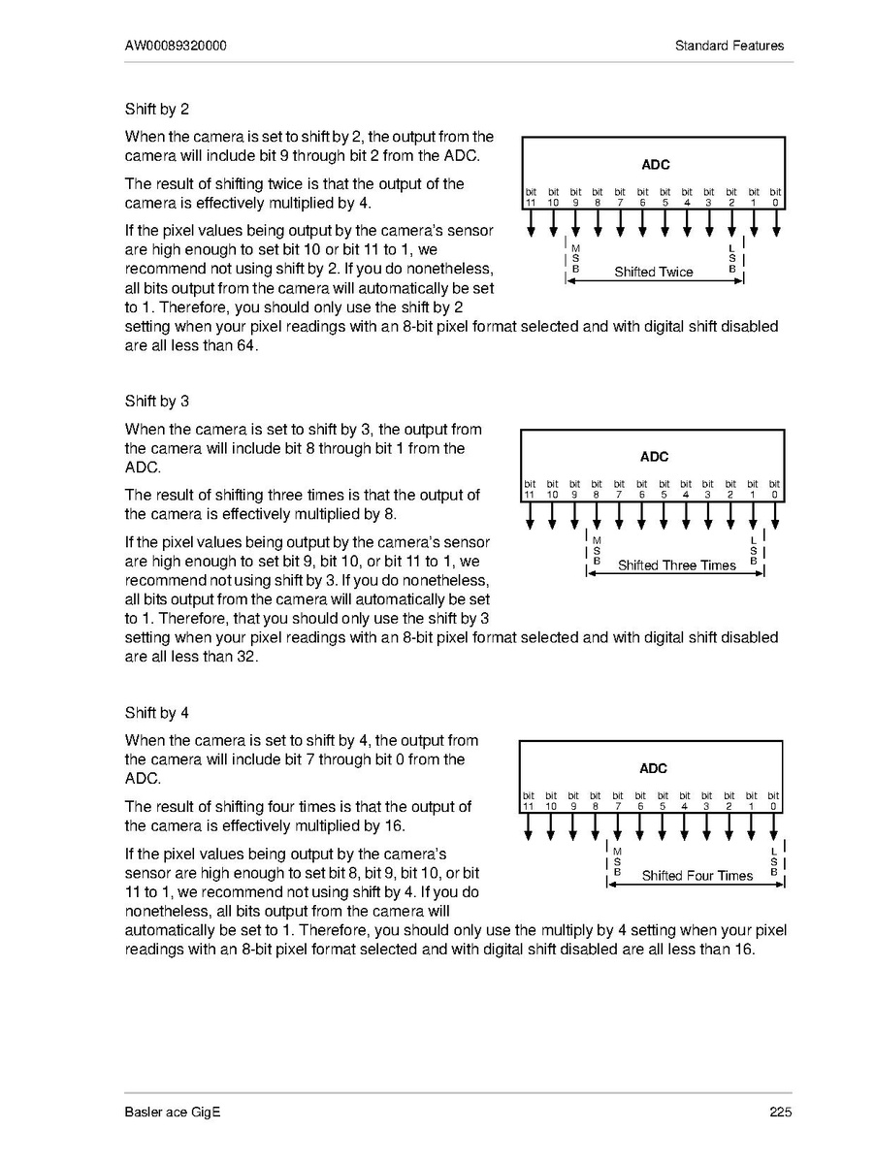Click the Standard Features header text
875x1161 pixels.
[729, 46]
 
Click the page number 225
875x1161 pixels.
[781, 1113]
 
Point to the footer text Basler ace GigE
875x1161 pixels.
[173, 1113]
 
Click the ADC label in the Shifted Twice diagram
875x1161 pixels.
[656, 165]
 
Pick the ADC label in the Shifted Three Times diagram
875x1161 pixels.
[654, 456]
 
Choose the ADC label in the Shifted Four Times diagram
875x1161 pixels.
[653, 768]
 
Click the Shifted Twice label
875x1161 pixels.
[654, 273]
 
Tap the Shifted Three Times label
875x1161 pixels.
[677, 565]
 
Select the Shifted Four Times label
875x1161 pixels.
[697, 876]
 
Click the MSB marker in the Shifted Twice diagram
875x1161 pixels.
[575, 258]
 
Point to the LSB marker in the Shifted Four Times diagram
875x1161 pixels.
[774, 862]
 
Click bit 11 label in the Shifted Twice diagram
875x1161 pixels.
[531, 198]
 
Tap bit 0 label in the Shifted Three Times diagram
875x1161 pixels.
[774, 489]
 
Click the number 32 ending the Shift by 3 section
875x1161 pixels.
[246, 657]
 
